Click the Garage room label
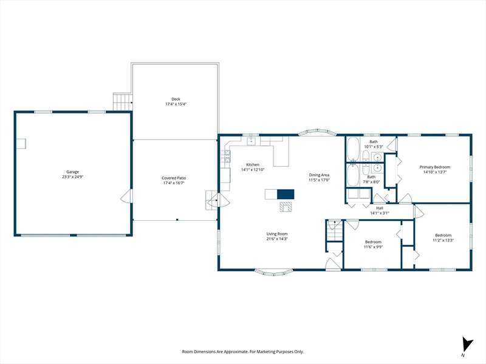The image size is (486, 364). click(x=72, y=172)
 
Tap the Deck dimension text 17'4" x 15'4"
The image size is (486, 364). click(x=176, y=104)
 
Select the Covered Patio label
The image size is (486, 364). click(x=174, y=178)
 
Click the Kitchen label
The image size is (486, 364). click(x=253, y=164)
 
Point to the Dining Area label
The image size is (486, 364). click(x=319, y=175)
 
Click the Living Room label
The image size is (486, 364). click(x=277, y=234)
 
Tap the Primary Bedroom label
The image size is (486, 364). click(x=435, y=167)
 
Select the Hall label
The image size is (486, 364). click(x=380, y=208)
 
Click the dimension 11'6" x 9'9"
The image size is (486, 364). click(x=373, y=247)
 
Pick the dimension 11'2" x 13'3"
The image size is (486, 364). click(x=443, y=240)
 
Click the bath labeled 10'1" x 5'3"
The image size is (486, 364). click(x=374, y=144)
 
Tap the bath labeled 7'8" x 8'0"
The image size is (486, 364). click(x=371, y=180)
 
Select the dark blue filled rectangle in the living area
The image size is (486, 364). click(x=286, y=194)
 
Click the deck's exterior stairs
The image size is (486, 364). click(x=123, y=101)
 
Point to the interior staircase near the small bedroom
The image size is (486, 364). click(x=335, y=231)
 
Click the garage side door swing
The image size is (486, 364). click(x=126, y=196)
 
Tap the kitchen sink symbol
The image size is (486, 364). click(x=251, y=141)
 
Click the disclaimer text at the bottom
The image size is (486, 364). click(x=242, y=352)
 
